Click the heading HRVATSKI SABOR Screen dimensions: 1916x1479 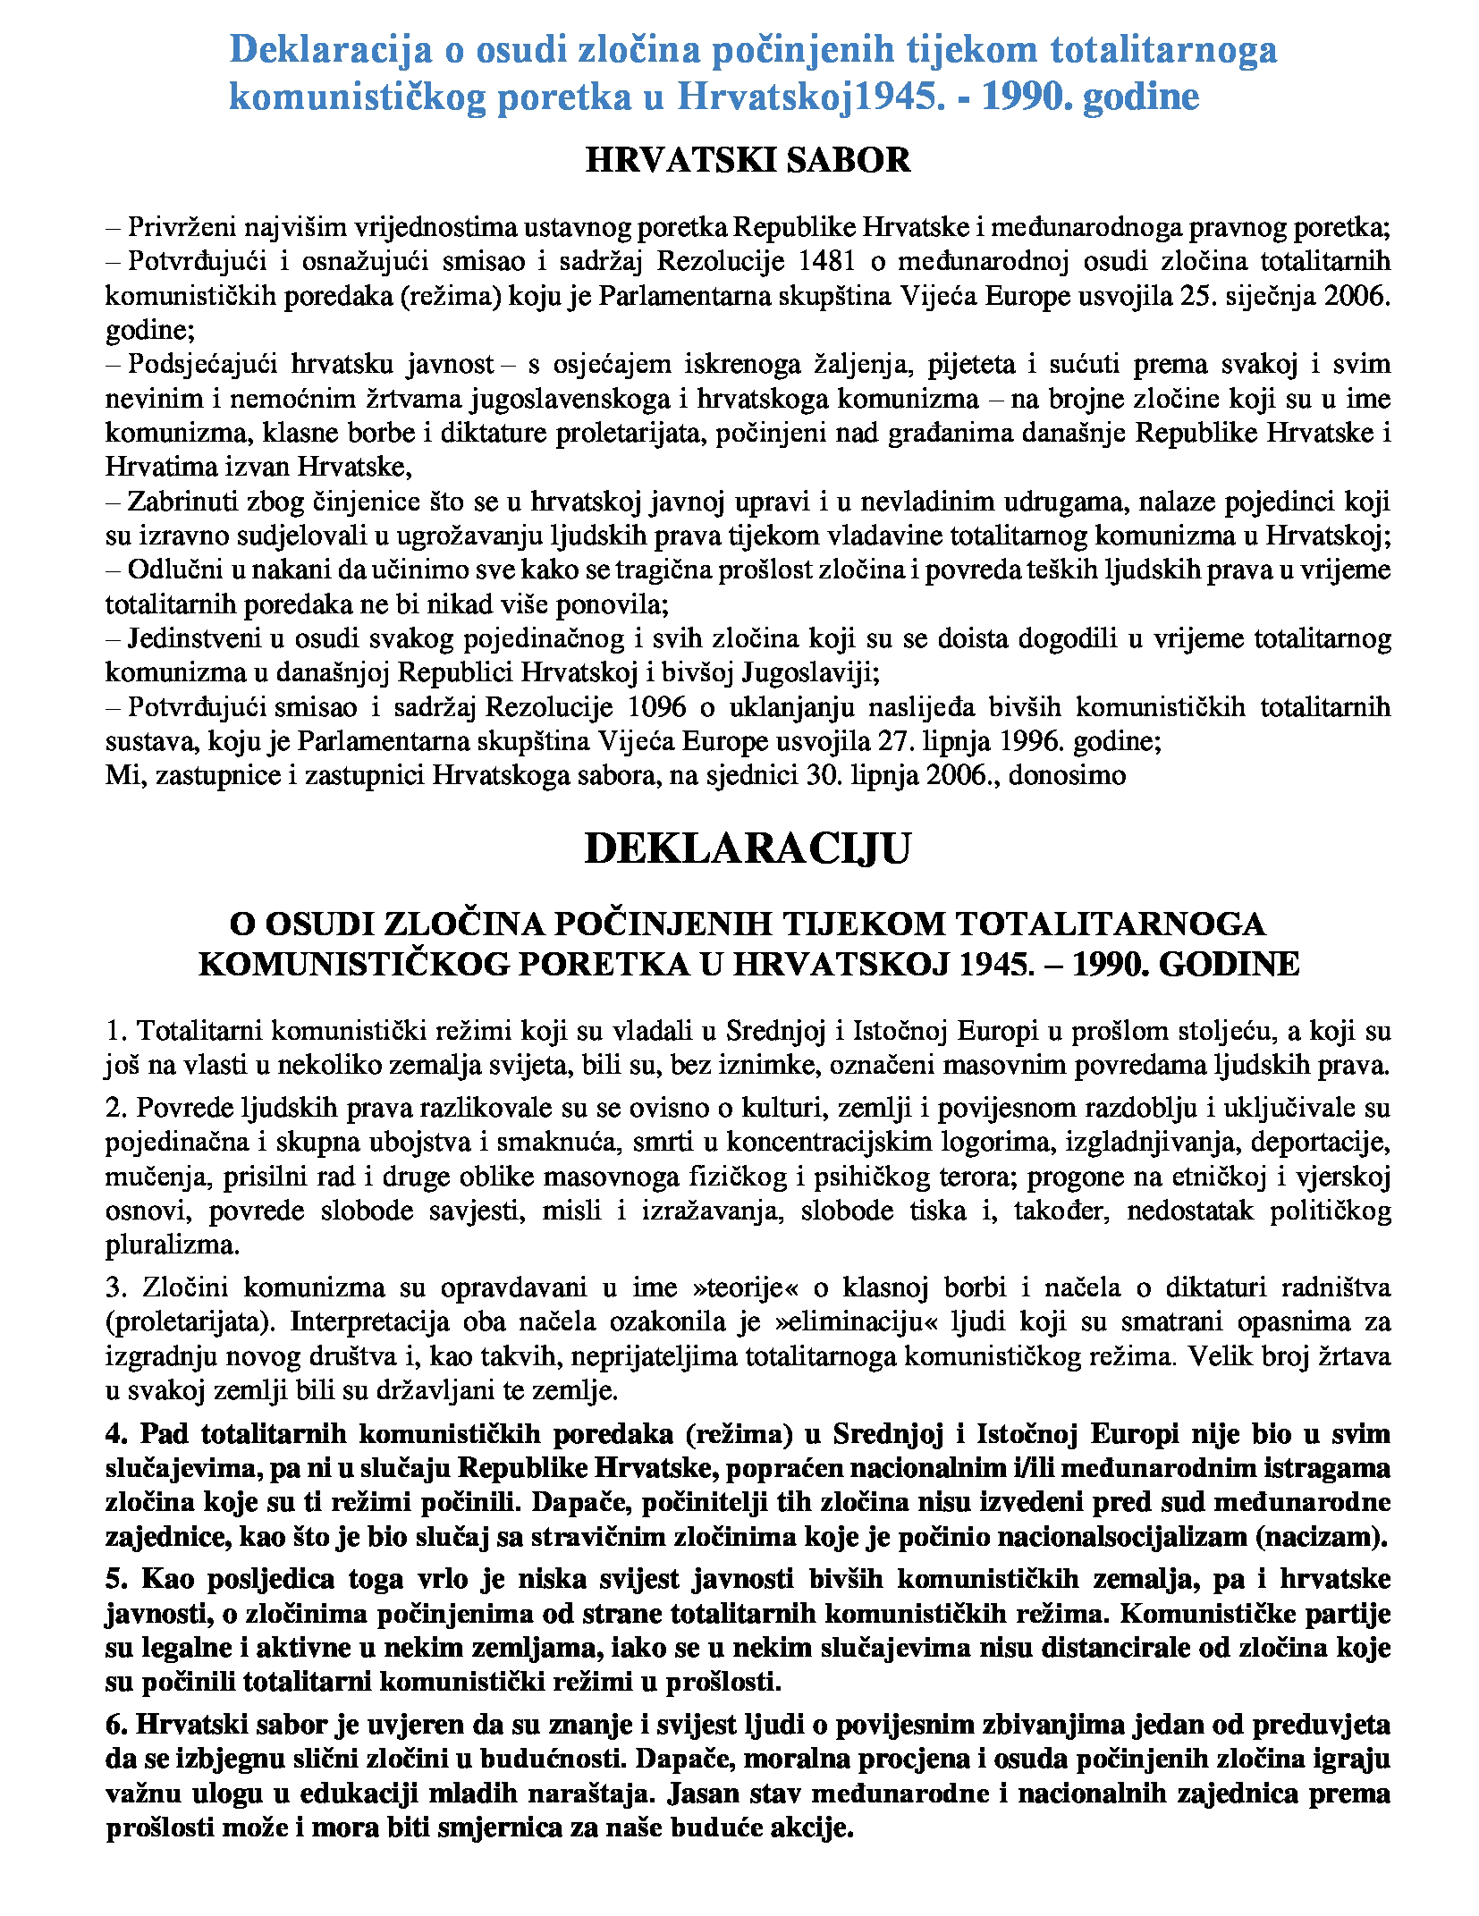pos(747,161)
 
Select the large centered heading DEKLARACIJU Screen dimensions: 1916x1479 pos(747,848)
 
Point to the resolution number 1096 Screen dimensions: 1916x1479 pos(657,708)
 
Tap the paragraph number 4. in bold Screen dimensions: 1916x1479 pos(117,1434)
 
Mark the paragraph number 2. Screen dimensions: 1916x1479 pos(115,1109)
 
